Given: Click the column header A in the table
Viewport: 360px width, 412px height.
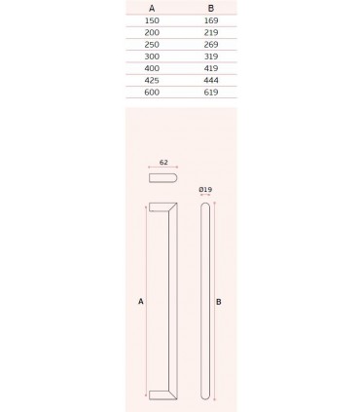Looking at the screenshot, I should [151, 8].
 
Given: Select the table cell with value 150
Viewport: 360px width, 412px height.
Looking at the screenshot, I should [151, 19].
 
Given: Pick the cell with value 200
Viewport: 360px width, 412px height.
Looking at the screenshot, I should [151, 32].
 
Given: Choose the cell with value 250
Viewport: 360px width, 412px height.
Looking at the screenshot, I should [151, 44].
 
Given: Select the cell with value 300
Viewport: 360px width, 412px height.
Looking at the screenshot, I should [151, 56].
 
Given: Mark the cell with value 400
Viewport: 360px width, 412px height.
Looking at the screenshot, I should [151, 68].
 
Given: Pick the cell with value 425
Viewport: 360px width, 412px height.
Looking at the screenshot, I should [151, 80].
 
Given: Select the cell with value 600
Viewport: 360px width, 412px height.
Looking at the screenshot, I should [151, 92].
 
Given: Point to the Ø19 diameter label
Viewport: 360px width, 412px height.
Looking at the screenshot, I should [203, 188].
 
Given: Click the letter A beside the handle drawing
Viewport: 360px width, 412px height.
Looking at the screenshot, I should [141, 303].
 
